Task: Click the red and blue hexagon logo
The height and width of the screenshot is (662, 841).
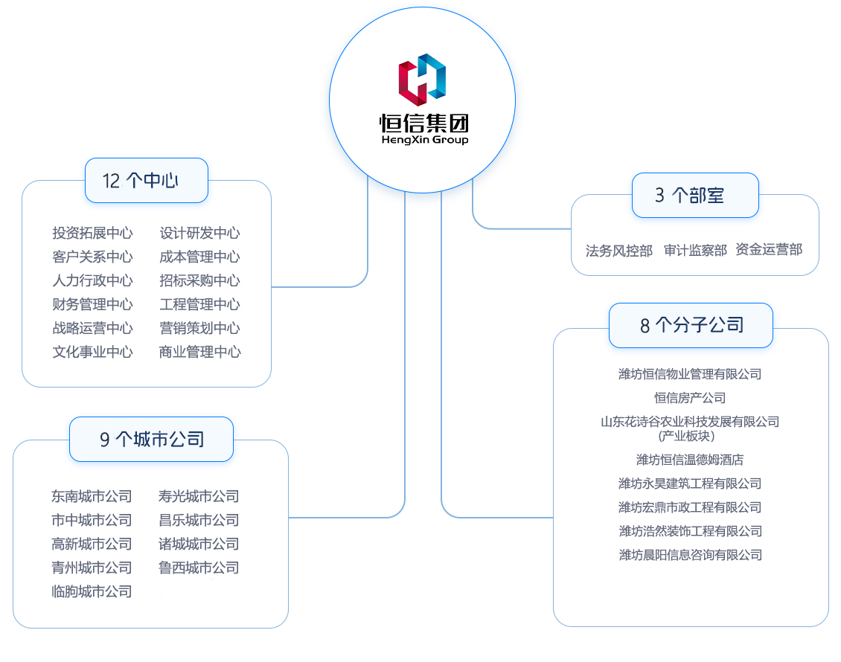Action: pyautogui.click(x=422, y=79)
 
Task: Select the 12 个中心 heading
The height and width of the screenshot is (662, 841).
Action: pyautogui.click(x=146, y=181)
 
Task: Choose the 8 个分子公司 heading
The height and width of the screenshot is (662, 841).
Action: pyautogui.click(x=691, y=325)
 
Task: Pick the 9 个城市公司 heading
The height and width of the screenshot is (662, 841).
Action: pyautogui.click(x=151, y=440)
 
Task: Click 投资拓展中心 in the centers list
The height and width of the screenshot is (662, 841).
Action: pyautogui.click(x=92, y=233)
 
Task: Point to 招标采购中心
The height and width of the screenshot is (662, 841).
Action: pyautogui.click(x=199, y=280)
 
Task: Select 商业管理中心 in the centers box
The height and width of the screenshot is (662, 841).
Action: pyautogui.click(x=199, y=352)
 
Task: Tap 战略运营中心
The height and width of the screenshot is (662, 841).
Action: pyautogui.click(x=92, y=328)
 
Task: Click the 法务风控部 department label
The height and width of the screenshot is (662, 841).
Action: pyautogui.click(x=618, y=251)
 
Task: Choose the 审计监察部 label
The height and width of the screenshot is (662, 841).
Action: pyautogui.click(x=695, y=251)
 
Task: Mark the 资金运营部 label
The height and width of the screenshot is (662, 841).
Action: pyautogui.click(x=769, y=250)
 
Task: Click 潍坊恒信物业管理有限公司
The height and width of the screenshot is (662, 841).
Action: pyautogui.click(x=690, y=374)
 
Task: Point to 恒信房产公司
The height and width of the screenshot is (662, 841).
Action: pyautogui.click(x=690, y=398)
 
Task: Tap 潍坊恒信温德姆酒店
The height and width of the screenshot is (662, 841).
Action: pyautogui.click(x=690, y=460)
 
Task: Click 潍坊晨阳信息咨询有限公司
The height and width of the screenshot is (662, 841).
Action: pyautogui.click(x=690, y=555)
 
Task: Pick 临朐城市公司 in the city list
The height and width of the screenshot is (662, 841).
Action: pyautogui.click(x=92, y=591)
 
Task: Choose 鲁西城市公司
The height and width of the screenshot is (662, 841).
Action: pyautogui.click(x=199, y=568)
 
